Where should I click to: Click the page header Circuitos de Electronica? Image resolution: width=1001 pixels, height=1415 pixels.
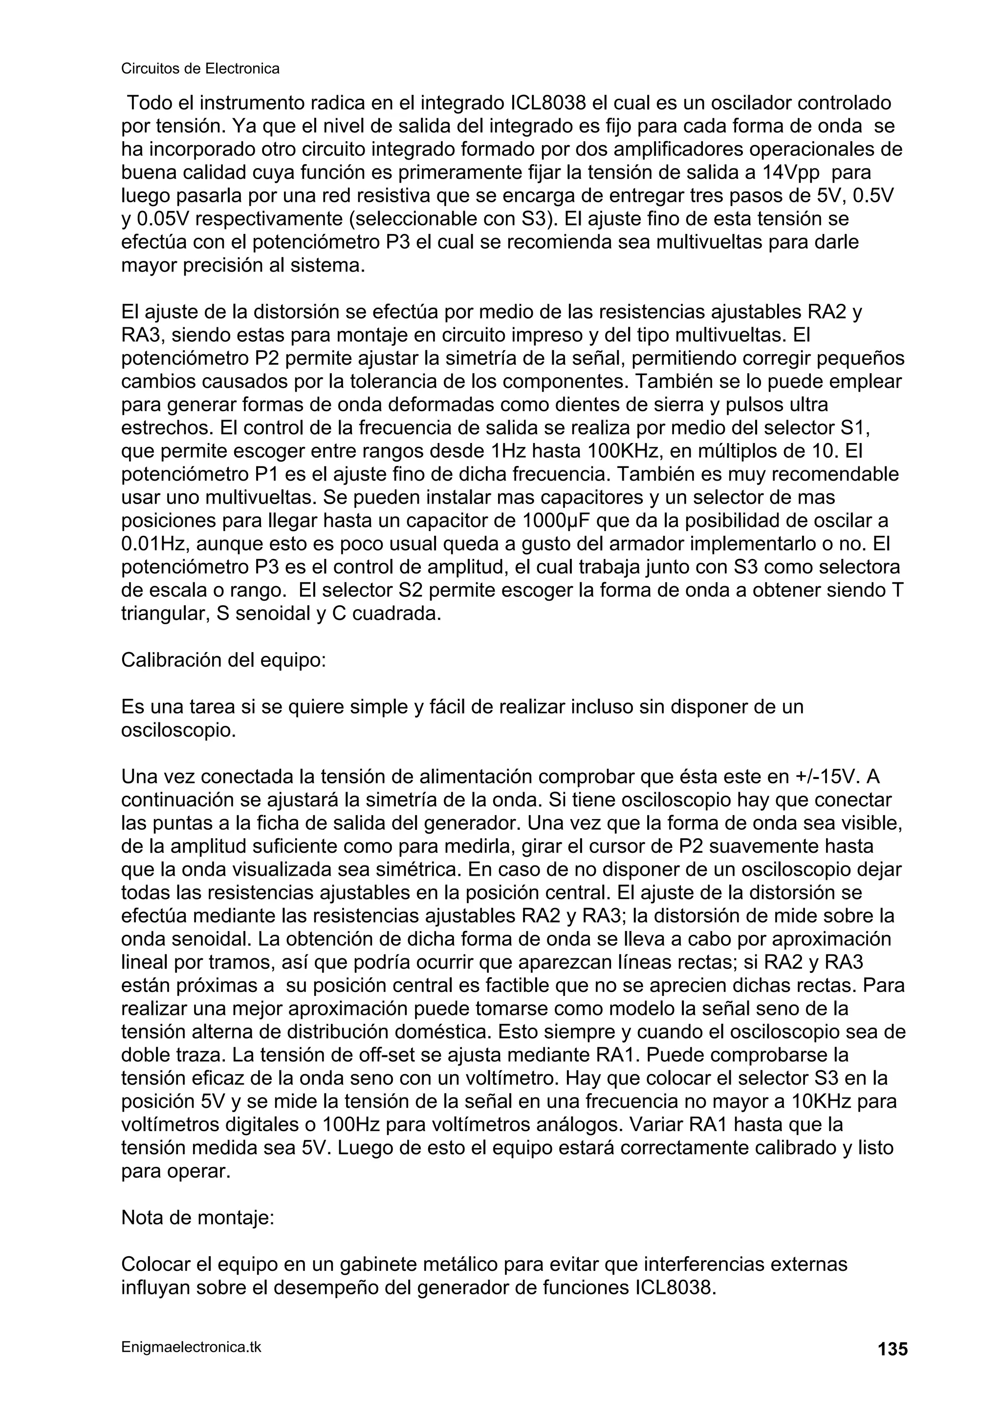tap(200, 68)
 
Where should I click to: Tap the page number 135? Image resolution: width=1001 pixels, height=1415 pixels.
tap(892, 1349)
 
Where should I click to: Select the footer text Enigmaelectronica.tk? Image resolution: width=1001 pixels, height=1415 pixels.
tap(191, 1347)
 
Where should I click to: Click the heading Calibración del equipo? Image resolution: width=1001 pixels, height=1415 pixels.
tap(223, 660)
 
